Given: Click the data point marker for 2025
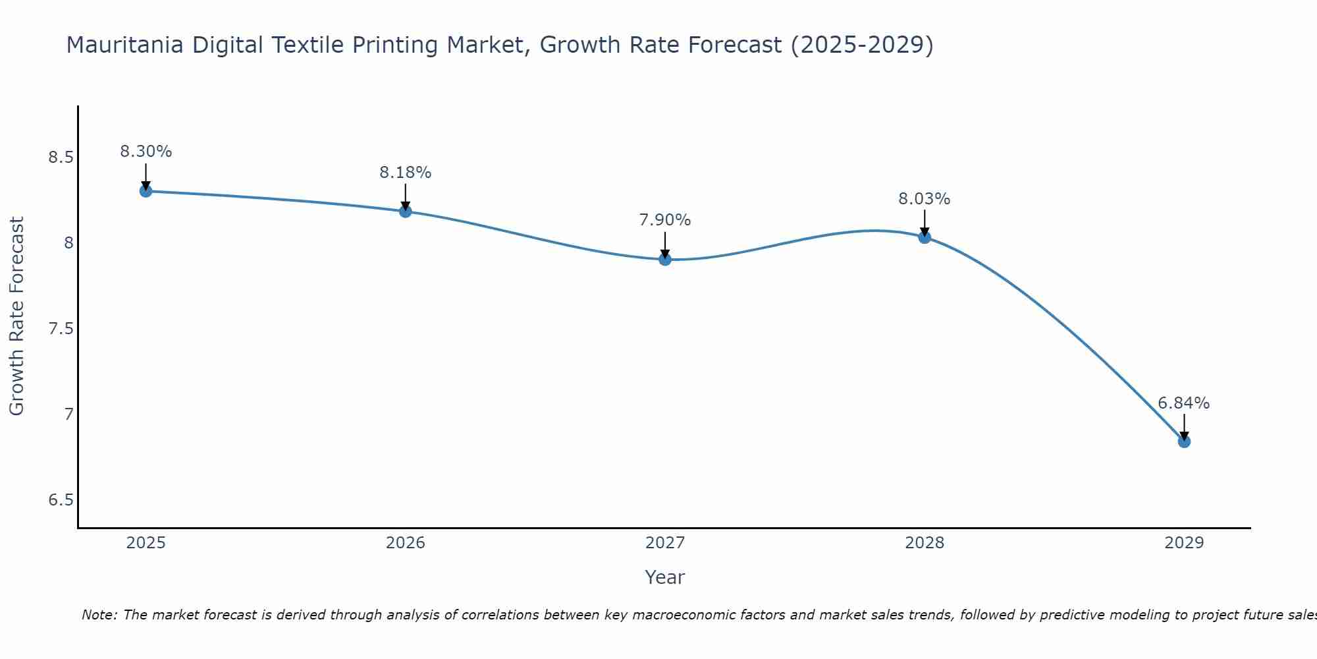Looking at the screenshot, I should (146, 191).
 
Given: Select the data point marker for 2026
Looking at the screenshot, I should (406, 212).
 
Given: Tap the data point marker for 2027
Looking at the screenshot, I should (665, 260).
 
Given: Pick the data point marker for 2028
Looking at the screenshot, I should (925, 237).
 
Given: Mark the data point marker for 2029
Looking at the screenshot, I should (1184, 442).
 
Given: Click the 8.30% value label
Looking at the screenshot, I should (146, 152).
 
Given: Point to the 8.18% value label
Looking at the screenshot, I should (406, 173).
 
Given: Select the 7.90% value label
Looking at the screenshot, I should (665, 220).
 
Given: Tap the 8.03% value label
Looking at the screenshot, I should (925, 198).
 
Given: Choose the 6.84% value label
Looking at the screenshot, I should (1184, 403).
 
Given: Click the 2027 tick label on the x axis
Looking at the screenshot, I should (665, 543).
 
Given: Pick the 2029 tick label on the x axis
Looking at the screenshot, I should (1184, 543).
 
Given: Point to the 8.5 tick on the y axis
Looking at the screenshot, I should (61, 158).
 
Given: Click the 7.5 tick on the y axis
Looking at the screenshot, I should (61, 329).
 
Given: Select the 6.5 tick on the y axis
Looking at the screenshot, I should (61, 500).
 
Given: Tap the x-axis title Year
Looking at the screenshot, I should (665, 577).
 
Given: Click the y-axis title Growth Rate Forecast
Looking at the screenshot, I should (16, 316).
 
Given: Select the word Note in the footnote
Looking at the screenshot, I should (99, 615).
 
